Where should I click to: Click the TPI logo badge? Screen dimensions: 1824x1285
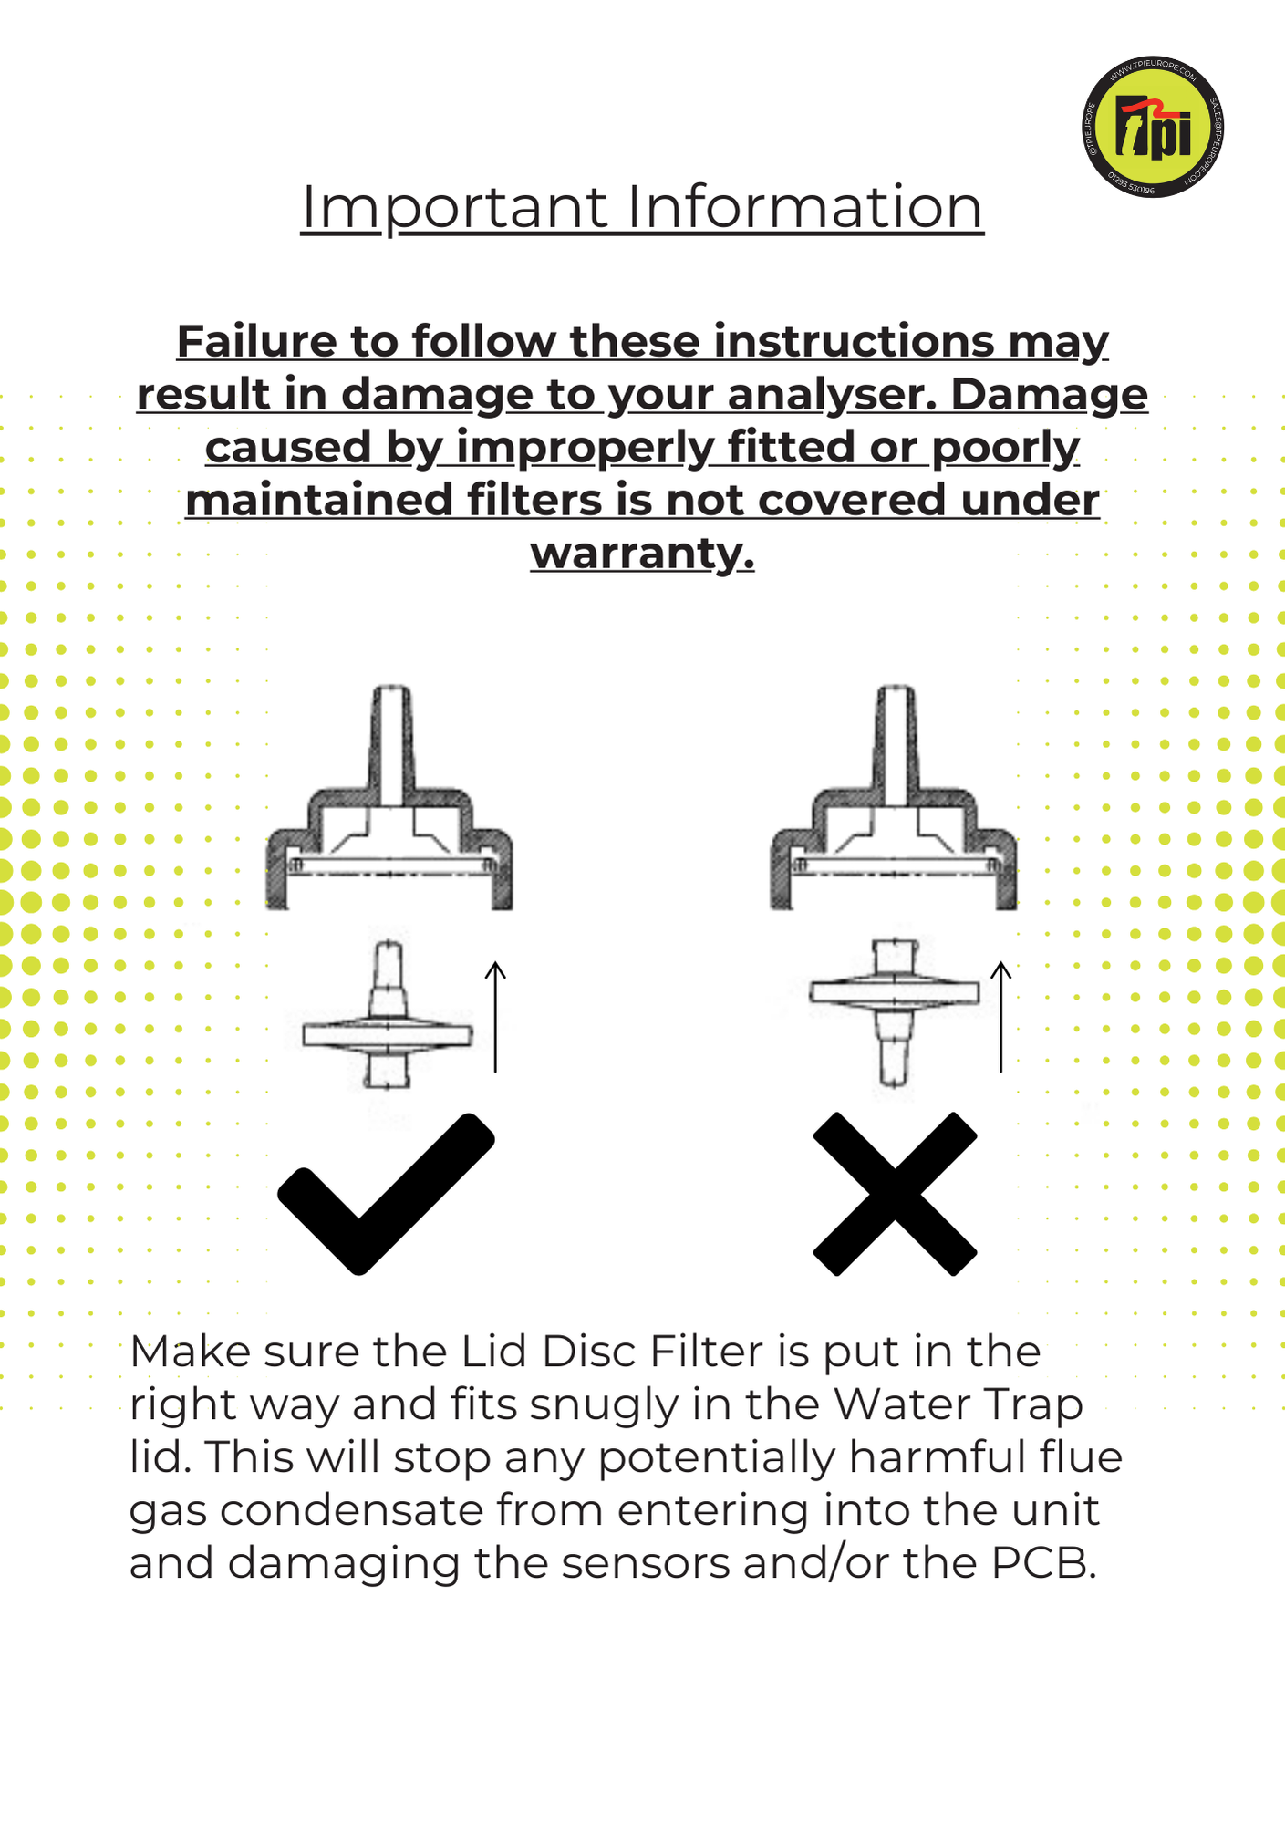pyautogui.click(x=1153, y=128)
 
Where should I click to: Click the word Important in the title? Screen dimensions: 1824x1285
pyautogui.click(x=453, y=207)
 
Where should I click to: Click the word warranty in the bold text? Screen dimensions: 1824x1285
pyautogui.click(x=642, y=553)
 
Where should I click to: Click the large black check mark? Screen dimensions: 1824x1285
pyautogui.click(x=385, y=1193)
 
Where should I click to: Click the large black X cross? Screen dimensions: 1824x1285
pyautogui.click(x=895, y=1193)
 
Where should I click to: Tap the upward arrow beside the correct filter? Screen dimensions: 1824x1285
pyautogui.click(x=495, y=1016)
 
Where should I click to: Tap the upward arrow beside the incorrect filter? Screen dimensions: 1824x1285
pyautogui.click(x=1001, y=1016)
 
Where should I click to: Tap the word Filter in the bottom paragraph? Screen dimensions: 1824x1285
pyautogui.click(x=706, y=1352)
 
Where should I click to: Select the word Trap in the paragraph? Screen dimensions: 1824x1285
pyautogui.click(x=1031, y=1404)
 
